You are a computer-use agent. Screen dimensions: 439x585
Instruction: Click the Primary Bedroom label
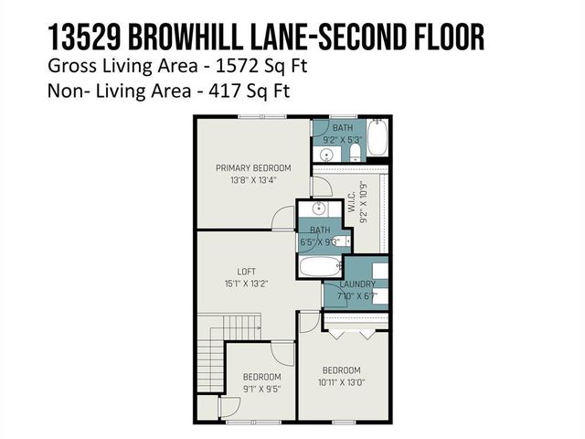(x=253, y=168)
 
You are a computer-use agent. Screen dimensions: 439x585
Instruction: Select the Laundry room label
(x=357, y=284)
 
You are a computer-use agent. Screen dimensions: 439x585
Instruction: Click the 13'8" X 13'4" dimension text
(x=253, y=181)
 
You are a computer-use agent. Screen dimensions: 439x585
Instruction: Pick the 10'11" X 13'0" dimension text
(x=343, y=383)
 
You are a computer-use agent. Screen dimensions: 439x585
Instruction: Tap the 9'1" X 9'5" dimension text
(x=261, y=390)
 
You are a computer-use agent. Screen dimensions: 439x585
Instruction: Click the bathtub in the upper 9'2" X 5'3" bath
(x=380, y=139)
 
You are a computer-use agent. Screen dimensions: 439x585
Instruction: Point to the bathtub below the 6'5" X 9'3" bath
(x=320, y=267)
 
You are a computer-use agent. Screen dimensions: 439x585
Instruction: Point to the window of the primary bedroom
(x=251, y=117)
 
